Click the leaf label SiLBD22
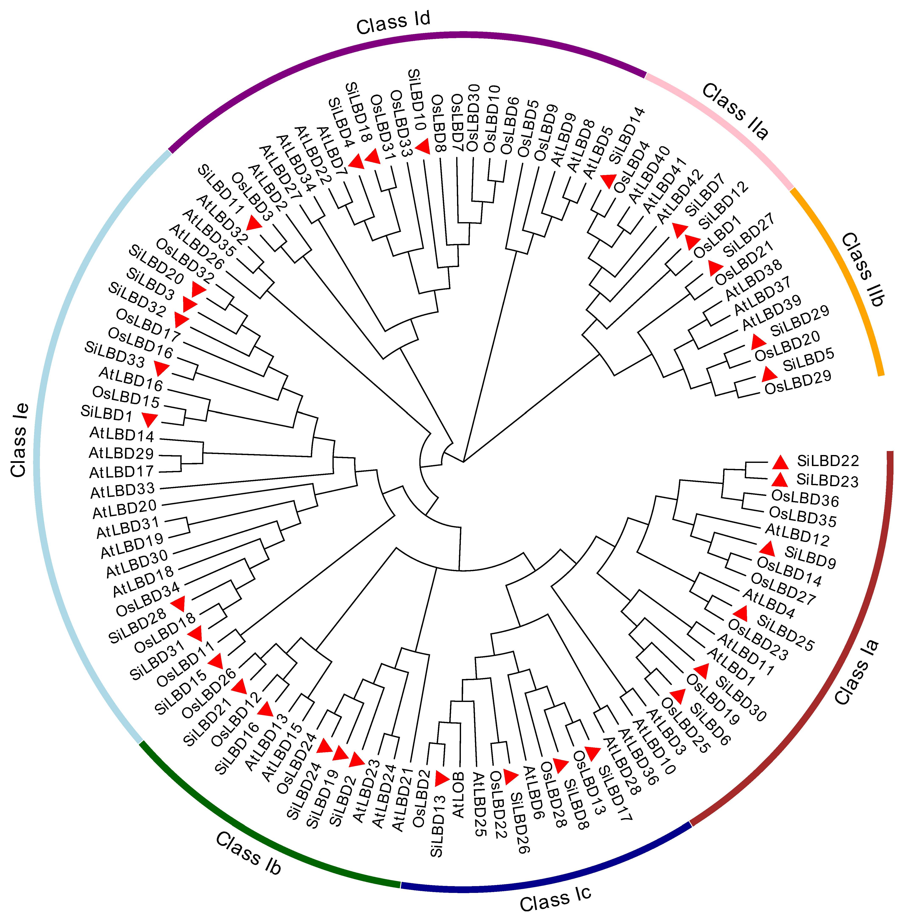[x=828, y=461]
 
